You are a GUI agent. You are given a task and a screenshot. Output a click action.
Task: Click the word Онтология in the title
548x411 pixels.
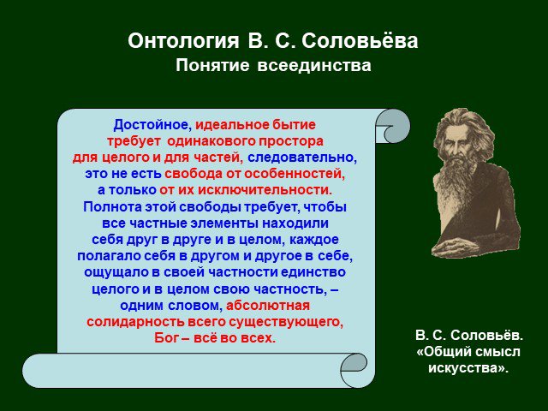(x=183, y=41)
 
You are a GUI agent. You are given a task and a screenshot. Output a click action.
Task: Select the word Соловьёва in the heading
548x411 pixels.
(x=360, y=40)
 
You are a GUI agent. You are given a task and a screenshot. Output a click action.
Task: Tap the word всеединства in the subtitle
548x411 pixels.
(x=314, y=65)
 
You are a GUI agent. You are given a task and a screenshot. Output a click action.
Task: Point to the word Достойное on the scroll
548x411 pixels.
(x=152, y=125)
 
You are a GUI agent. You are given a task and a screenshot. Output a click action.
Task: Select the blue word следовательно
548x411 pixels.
(x=302, y=158)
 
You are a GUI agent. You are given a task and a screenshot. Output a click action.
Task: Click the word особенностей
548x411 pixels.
(x=295, y=174)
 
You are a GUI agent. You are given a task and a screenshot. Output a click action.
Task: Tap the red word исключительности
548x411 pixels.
(x=265, y=190)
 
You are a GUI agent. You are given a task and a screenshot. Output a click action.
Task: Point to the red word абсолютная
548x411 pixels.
(x=268, y=306)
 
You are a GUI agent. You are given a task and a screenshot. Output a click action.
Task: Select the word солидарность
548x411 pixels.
(x=135, y=322)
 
